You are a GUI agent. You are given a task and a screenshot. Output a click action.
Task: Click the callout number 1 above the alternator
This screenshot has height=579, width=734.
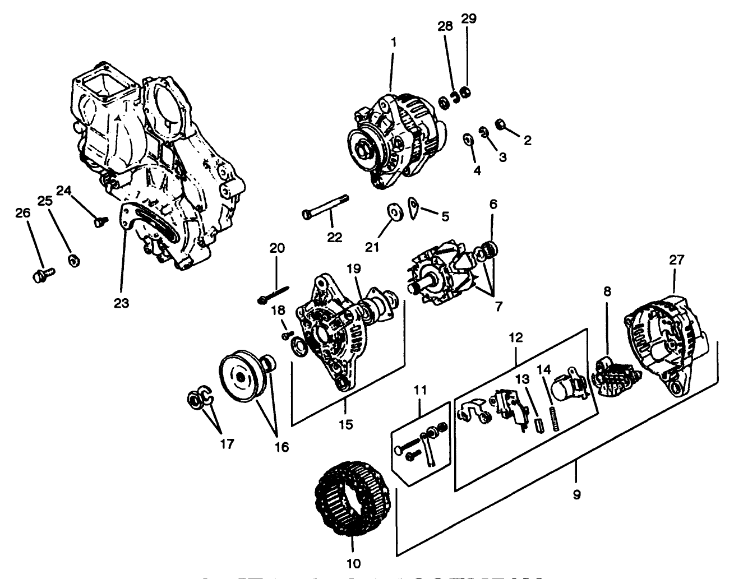[393, 43]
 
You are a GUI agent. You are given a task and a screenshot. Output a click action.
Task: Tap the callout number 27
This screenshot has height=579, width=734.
[676, 260]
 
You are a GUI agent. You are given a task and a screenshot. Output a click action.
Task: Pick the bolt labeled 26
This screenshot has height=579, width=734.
[43, 275]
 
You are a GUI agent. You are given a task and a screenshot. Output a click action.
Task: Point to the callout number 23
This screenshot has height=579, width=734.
[121, 303]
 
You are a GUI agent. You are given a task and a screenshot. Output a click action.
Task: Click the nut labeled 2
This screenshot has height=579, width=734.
[499, 124]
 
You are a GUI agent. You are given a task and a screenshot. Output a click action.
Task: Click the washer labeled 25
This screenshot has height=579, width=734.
[72, 260]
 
